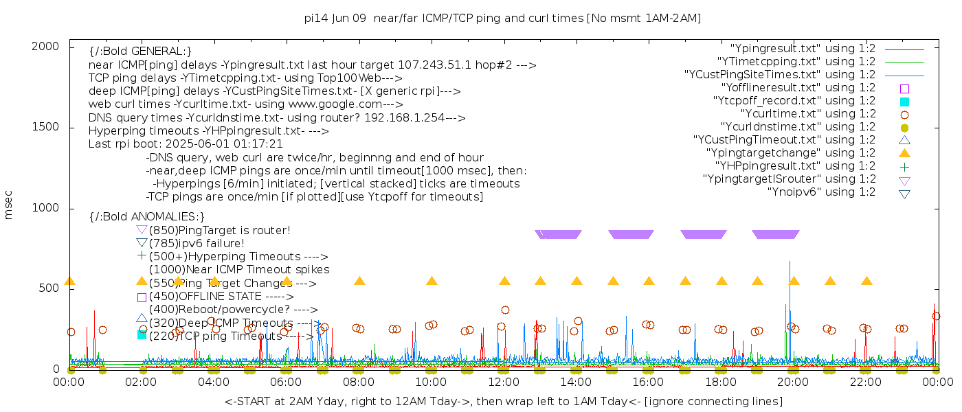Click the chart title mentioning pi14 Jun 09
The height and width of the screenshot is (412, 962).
click(x=502, y=19)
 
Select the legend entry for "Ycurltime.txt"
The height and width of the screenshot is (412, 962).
click(x=807, y=113)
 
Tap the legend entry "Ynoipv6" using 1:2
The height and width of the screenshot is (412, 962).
click(x=821, y=192)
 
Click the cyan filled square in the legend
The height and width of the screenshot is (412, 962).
click(x=904, y=101)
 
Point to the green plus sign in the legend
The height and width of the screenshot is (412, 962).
click(x=904, y=166)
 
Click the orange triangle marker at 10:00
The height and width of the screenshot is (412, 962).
click(x=432, y=281)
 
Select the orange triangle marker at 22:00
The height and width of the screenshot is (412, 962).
click(x=866, y=281)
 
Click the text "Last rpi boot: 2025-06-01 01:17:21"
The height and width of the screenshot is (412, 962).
click(x=186, y=144)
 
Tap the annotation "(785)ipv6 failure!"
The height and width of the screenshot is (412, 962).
click(x=197, y=243)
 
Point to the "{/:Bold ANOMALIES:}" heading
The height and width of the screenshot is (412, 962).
click(x=147, y=217)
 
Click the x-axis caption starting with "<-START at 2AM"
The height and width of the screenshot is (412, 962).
click(x=503, y=401)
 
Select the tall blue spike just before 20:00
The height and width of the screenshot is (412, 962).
click(x=790, y=275)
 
